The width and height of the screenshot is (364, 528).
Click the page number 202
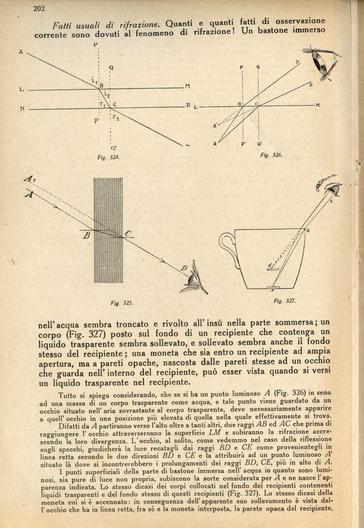click(38, 8)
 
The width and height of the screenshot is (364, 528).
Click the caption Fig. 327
click(284, 300)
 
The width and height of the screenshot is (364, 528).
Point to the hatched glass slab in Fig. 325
click(108, 229)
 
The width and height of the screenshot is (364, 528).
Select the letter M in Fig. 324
click(187, 86)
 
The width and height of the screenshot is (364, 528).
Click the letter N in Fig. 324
click(22, 109)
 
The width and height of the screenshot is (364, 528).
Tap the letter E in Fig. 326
click(310, 84)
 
